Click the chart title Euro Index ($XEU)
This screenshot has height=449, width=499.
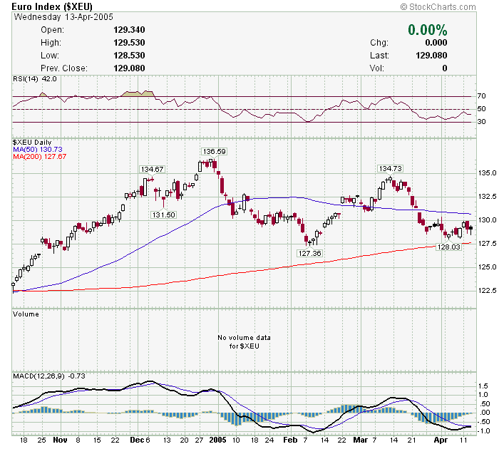pos(52,7)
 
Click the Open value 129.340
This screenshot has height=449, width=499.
pos(129,30)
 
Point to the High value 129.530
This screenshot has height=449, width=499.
pos(129,43)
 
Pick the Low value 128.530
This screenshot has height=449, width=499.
pos(129,56)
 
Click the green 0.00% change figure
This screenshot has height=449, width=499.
pos(427,30)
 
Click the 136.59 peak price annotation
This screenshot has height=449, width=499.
pos(214,151)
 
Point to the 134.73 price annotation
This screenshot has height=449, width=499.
pos(391,168)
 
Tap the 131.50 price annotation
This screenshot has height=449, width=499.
pos(163,215)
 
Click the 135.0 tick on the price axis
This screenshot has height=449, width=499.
pos(485,172)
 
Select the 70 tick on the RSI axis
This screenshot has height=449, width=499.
pos(481,96)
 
